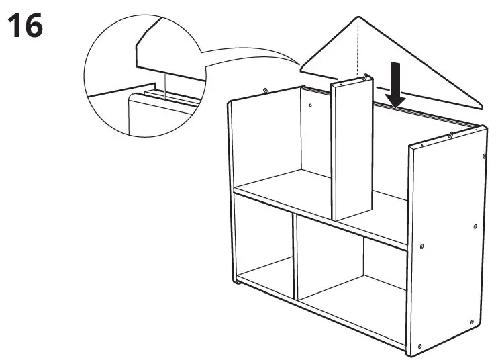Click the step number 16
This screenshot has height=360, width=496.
[x=25, y=26]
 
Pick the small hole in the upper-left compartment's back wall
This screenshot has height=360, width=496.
[x=311, y=105]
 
